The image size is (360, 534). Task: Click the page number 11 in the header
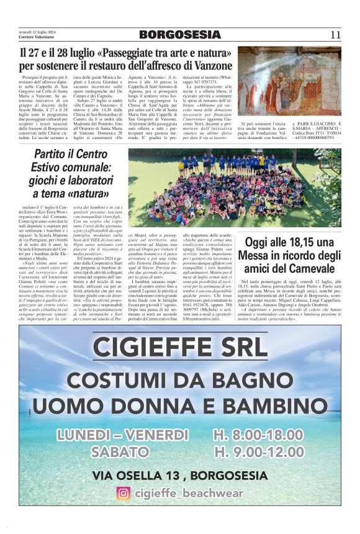[x=335, y=34]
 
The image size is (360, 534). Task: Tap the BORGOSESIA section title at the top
[x=179, y=34]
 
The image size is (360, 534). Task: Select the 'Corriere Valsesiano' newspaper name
[x=35, y=36]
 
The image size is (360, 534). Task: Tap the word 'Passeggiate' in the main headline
[x=138, y=52]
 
